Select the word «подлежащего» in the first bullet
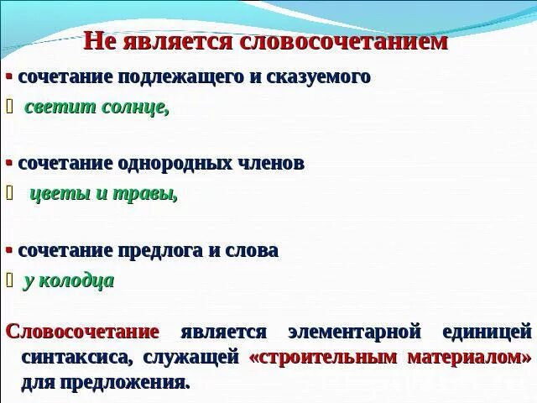pos(187,76)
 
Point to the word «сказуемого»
pos(319,76)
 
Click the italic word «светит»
pos(55,107)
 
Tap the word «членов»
pos(273,163)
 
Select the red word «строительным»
pos(324,357)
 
